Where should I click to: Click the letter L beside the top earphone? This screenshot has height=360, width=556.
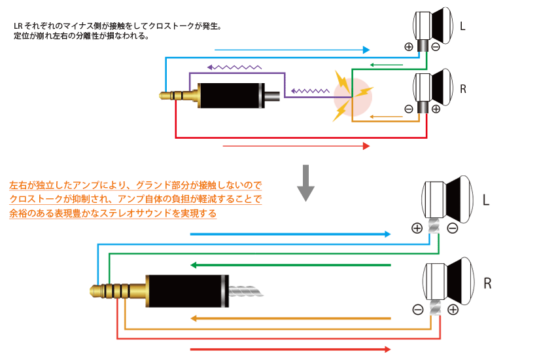pyautogui.click(x=462, y=27)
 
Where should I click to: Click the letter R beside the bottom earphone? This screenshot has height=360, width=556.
pyautogui.click(x=487, y=283)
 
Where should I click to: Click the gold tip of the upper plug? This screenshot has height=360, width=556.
pyautogui.click(x=164, y=97)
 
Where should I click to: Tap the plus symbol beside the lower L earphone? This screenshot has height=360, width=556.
pyautogui.click(x=417, y=228)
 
